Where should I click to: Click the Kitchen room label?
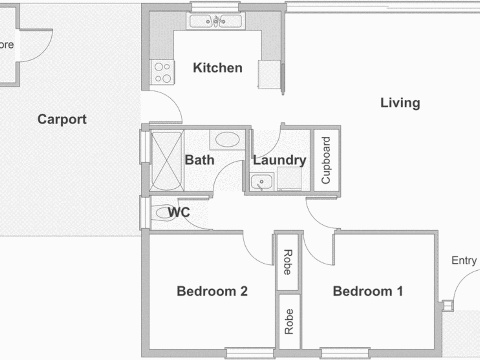point(217,68)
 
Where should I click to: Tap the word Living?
point(400,103)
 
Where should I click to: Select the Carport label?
point(62,119)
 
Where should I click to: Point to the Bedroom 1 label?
point(368,291)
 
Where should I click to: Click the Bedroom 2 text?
point(212,291)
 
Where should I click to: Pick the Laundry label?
point(279,160)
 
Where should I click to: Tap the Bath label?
point(199,160)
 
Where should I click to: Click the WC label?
point(179,212)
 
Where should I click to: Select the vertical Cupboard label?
point(326,160)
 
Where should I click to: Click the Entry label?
point(464,260)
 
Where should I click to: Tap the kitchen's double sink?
point(216,21)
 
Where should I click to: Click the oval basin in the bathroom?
point(227,139)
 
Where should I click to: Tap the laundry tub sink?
point(261,182)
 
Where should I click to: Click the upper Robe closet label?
point(287,262)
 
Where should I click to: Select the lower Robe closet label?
point(289,322)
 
